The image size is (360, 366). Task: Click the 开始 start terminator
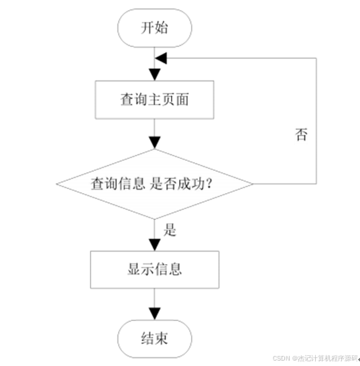(155, 28)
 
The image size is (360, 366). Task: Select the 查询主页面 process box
(154, 100)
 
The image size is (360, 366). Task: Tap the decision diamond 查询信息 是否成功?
(155, 184)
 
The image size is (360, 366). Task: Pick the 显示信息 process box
(155, 269)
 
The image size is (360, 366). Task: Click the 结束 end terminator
(155, 339)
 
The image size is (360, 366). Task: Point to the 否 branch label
(301, 135)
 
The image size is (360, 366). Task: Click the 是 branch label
(170, 230)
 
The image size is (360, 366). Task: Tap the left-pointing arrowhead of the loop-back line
(161, 58)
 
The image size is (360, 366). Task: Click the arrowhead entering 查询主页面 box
(155, 74)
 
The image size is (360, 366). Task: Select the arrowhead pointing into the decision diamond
(155, 143)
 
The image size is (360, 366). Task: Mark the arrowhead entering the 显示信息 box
(155, 245)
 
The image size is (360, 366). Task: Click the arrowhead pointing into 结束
(155, 314)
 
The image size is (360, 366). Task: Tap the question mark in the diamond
(209, 184)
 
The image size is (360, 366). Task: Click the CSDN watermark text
(315, 359)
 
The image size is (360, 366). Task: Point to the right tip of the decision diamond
(253, 184)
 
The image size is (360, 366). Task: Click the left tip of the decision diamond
(56, 184)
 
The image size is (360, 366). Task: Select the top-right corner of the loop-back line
(316, 58)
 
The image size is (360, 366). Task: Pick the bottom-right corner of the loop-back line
(316, 184)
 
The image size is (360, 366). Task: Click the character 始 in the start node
(162, 27)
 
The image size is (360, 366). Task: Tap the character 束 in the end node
(162, 339)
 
